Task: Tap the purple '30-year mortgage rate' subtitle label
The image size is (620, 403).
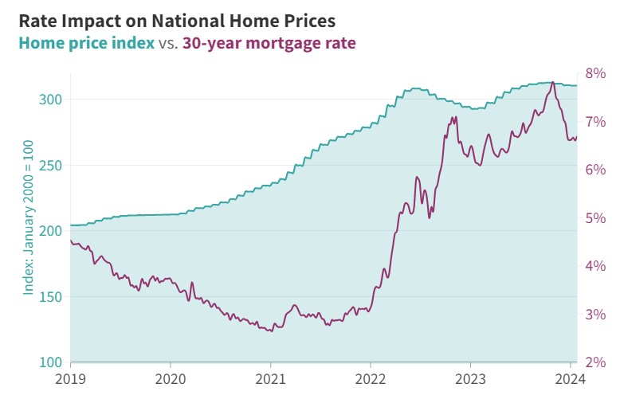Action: coord(269,42)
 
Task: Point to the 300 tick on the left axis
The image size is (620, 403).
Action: coord(50,100)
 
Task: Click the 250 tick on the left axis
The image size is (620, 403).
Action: coord(50,166)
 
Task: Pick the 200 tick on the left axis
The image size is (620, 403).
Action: coord(50,231)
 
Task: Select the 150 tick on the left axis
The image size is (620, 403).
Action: coord(50,297)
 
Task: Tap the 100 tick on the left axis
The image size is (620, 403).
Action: coord(50,362)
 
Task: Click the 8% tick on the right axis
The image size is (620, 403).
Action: coord(595,73)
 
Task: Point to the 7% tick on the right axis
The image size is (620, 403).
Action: coord(595,122)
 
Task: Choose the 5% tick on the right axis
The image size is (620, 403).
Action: coord(595,218)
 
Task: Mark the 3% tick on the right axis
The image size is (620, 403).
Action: coord(595,315)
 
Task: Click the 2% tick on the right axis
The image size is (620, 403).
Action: coord(595,362)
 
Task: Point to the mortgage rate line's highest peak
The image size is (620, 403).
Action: coord(553,83)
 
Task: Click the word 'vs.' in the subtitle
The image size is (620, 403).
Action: coord(168,42)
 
